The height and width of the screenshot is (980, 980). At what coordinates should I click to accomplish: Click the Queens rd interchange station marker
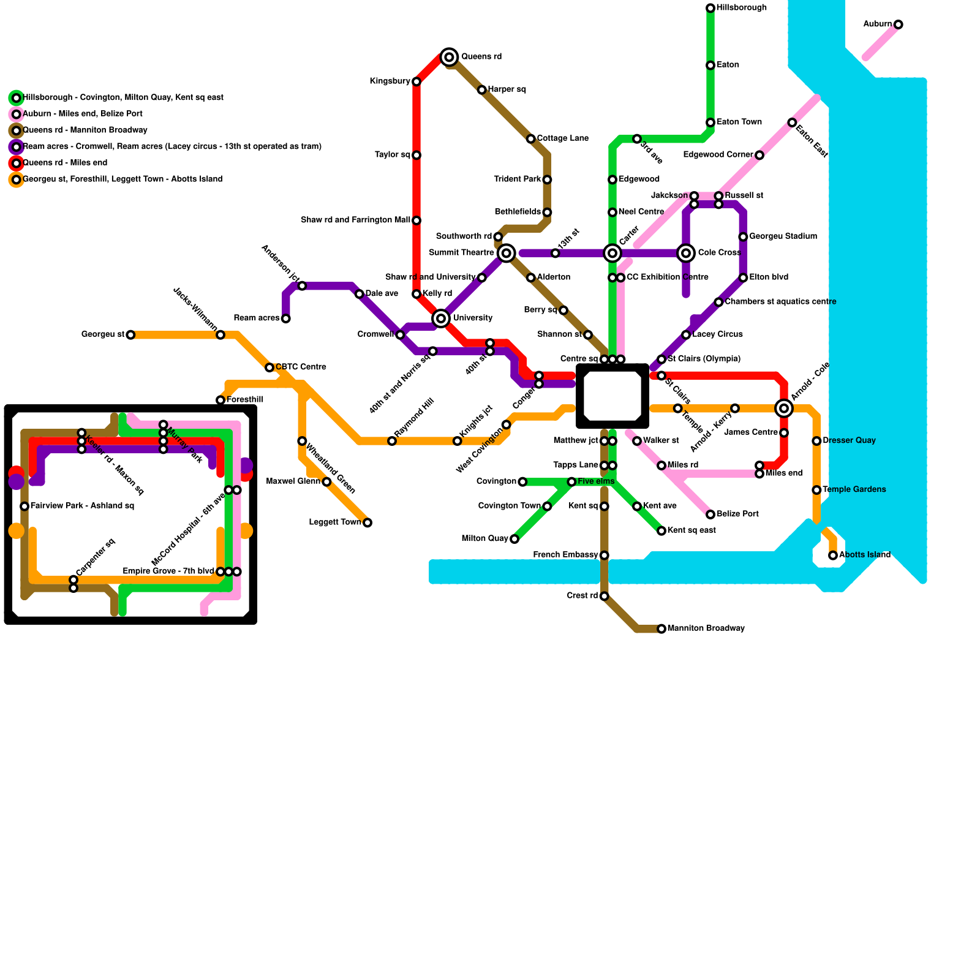449,57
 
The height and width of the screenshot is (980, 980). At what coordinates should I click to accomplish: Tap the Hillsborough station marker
710,8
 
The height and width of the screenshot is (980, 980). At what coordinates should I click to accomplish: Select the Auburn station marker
898,24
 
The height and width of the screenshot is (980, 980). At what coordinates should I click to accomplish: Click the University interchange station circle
441,318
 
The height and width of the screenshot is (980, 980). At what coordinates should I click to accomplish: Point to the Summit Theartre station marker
506,253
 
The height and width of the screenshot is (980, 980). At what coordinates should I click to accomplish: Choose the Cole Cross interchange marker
686,253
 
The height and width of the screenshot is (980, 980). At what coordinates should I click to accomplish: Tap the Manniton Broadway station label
706,628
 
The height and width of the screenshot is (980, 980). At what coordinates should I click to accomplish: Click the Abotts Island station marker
833,556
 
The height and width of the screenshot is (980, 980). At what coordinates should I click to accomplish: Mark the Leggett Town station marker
367,522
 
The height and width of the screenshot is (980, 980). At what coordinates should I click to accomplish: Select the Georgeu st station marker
130,334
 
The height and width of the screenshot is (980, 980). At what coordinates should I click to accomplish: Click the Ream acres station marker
285,318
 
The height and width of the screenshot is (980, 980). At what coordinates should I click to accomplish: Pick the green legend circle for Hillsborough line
17,98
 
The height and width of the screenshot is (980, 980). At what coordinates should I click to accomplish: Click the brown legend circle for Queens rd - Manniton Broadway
17,130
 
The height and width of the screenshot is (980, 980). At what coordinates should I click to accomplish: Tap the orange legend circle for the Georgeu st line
17,179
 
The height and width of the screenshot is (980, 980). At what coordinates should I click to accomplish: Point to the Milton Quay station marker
514,539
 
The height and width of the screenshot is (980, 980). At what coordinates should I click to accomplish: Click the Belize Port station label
737,514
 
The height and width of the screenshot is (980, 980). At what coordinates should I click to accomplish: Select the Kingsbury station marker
417,81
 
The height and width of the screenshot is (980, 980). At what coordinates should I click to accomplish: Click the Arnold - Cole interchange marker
784,408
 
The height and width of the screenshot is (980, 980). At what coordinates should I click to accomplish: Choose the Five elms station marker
571,482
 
